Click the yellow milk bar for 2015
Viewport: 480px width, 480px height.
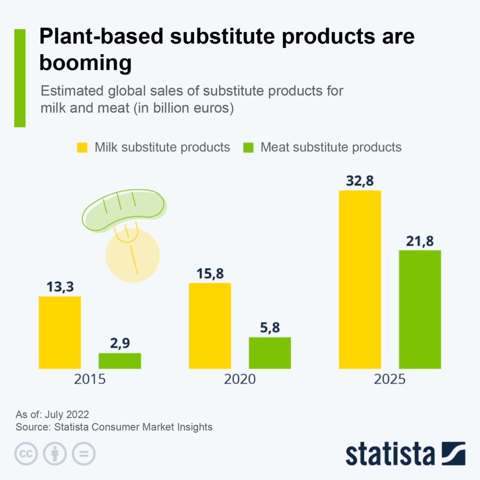point(60,332)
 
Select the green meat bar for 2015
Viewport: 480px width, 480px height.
point(120,361)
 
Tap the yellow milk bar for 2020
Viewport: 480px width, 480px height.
point(210,325)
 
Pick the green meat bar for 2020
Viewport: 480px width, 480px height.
point(270,353)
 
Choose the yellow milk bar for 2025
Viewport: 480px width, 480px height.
point(360,279)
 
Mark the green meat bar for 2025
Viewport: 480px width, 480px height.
point(420,309)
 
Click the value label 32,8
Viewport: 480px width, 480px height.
point(360,180)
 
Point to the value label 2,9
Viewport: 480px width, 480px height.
point(120,343)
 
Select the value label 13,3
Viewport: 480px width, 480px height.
point(60,287)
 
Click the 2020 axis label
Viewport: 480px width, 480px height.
point(240,379)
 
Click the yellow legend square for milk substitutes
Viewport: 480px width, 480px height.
point(82,148)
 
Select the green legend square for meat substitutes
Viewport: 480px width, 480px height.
point(248,148)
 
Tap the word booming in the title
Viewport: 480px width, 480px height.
point(85,62)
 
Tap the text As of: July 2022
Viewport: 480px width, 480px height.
point(52,414)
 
